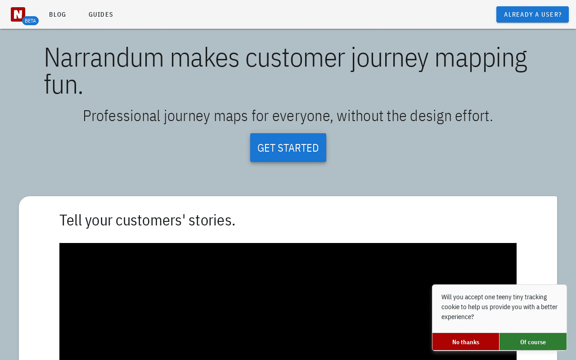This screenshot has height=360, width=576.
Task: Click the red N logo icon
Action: click(18, 14)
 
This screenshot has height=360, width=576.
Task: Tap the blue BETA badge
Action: click(30, 21)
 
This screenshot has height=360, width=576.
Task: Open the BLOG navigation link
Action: click(58, 14)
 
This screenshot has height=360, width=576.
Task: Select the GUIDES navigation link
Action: click(101, 14)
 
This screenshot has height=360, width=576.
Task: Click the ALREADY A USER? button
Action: click(532, 14)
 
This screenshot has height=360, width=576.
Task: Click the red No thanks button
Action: click(466, 342)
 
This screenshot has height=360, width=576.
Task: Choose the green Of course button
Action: click(533, 342)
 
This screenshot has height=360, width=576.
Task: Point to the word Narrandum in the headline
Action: click(104, 58)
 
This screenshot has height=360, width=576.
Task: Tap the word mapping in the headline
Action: click(481, 59)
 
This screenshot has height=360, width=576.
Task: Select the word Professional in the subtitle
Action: click(121, 116)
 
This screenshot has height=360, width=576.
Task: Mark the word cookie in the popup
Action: click(450, 307)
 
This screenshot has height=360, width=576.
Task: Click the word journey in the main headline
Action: click(390, 59)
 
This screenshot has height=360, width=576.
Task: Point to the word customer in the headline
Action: click(295, 58)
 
